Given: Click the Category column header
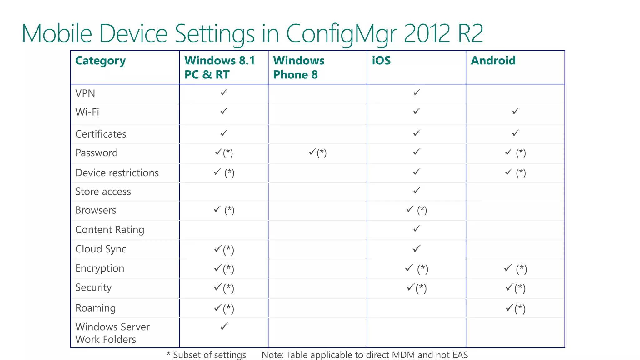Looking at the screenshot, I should [x=100, y=61].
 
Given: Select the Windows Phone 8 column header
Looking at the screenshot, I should [x=298, y=67].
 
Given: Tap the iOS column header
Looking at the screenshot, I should [x=381, y=61].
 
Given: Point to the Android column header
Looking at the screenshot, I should [x=493, y=61].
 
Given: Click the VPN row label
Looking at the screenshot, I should [x=85, y=93].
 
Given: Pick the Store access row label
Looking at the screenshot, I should [x=103, y=192].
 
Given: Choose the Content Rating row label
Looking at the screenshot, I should [x=110, y=230].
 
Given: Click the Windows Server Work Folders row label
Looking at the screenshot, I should [x=112, y=333].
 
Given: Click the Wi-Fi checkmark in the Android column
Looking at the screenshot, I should [x=516, y=111].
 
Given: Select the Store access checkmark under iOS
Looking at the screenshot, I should [x=417, y=190].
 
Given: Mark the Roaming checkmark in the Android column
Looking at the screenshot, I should [x=510, y=308].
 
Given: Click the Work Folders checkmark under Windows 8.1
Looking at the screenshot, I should [x=224, y=327].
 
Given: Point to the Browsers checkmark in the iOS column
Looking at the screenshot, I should [x=410, y=209].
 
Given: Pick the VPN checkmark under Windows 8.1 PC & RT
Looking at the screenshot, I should [x=224, y=92].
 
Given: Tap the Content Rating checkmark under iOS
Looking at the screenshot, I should [x=417, y=229].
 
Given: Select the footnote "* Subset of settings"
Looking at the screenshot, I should [x=206, y=355].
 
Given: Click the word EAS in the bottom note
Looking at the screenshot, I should [x=460, y=355].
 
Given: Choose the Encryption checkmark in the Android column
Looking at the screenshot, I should [x=508, y=268].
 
